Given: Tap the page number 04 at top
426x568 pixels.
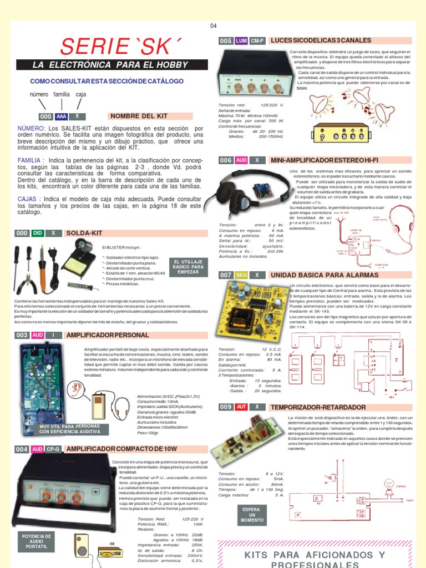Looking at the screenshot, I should tap(214, 26).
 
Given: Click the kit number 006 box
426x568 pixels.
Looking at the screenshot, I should tap(226, 160).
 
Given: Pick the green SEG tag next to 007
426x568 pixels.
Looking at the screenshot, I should tap(241, 275).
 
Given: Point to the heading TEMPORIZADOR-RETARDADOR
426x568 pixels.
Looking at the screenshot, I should tap(318, 407).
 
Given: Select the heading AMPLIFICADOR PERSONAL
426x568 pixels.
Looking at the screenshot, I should tap(107, 336).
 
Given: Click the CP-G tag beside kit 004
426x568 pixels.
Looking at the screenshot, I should tap(53, 449).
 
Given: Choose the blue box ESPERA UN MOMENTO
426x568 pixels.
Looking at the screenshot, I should tap(251, 515).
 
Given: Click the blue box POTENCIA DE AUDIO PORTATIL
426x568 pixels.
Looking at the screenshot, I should tap(36, 542).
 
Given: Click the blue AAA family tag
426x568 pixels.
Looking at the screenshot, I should tap(61, 116).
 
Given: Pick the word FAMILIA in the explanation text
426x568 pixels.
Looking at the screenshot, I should tap(31, 160).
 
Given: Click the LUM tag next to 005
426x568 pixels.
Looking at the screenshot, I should tap(241, 41).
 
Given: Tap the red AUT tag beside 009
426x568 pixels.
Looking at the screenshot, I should tap(241, 407).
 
